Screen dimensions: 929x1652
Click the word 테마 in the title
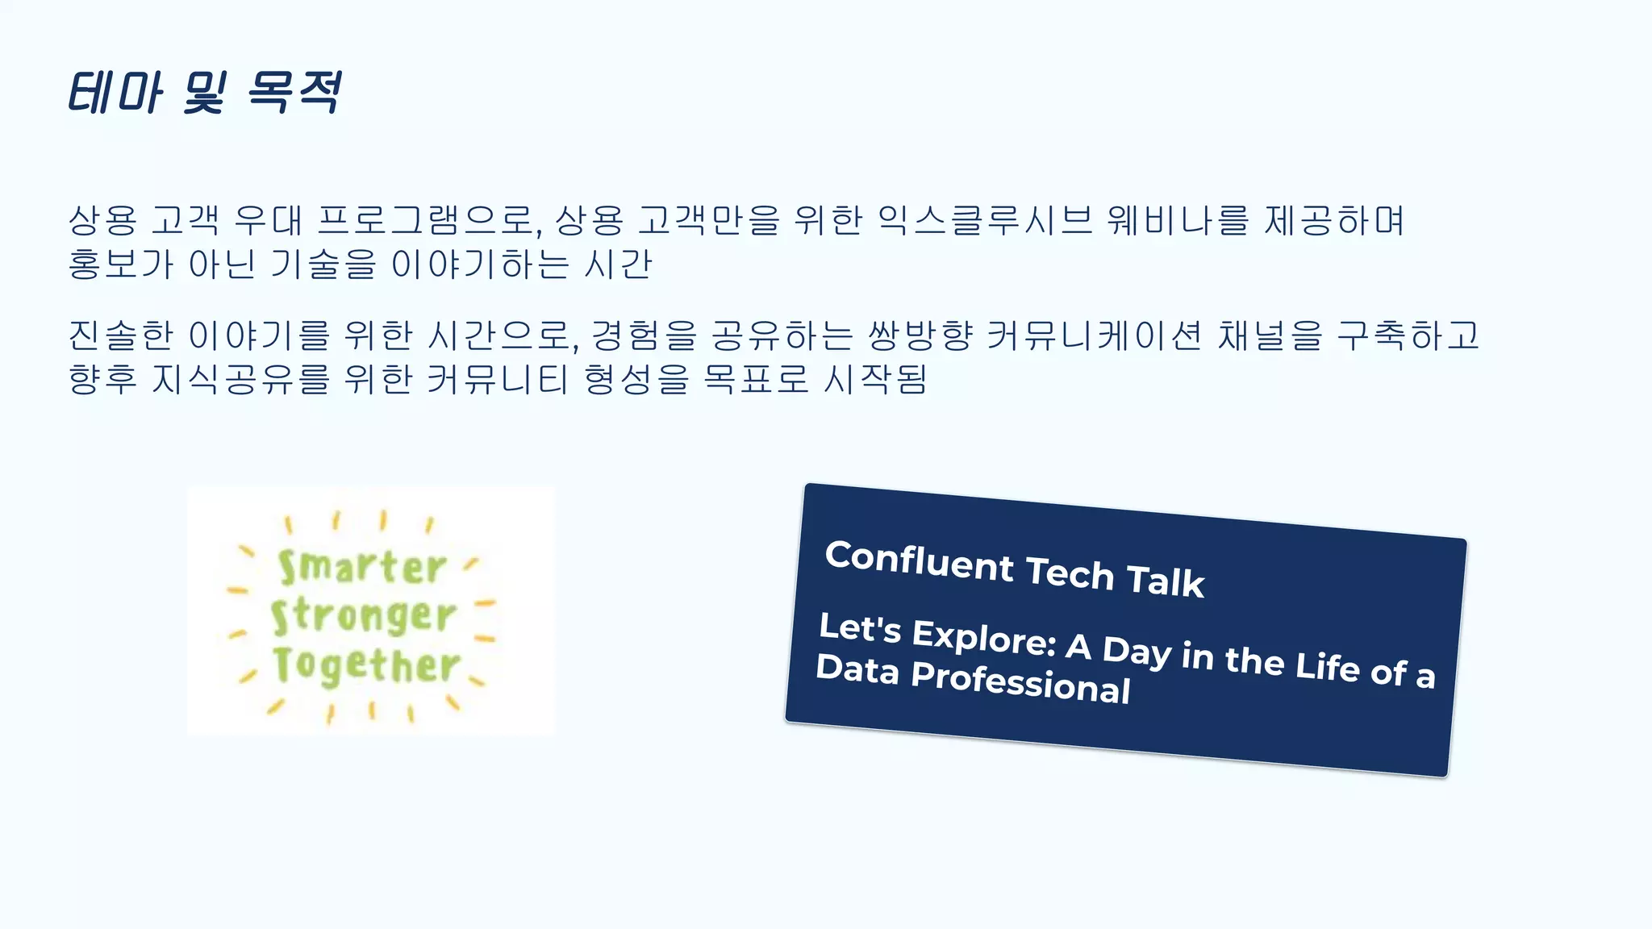(115, 92)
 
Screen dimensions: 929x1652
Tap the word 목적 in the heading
(294, 92)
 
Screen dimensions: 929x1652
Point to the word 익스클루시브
(984, 220)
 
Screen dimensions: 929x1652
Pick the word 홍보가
(120, 264)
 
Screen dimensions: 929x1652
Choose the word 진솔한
(120, 335)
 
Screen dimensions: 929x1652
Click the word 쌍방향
(920, 335)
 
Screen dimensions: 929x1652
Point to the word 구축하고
(1408, 335)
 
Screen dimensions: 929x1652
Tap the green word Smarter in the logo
(362, 567)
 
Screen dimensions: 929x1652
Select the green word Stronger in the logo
(364, 616)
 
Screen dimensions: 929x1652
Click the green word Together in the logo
(366, 665)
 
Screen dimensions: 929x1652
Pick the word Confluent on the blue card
(919, 561)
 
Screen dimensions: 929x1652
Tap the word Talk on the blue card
(1165, 581)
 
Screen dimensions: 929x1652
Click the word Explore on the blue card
(984, 637)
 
